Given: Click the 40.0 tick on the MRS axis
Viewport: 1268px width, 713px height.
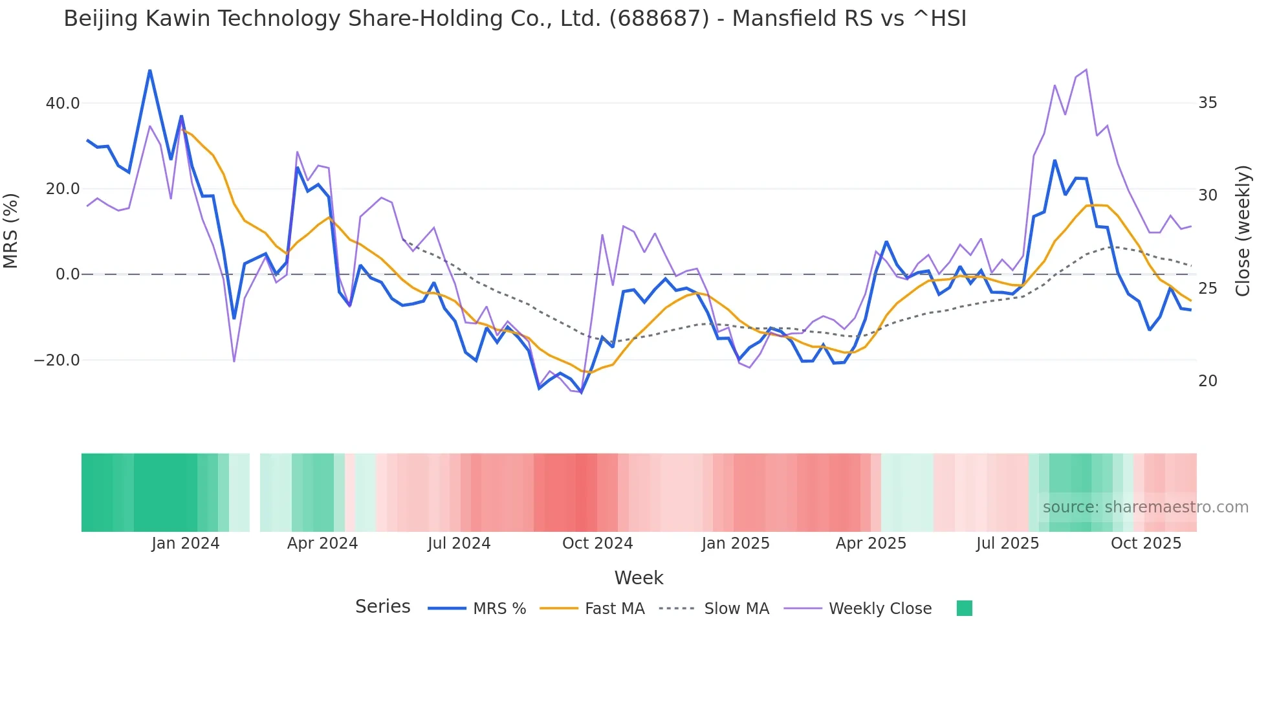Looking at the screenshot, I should click(63, 104).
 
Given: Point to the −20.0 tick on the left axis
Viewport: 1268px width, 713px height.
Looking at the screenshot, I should click(57, 360).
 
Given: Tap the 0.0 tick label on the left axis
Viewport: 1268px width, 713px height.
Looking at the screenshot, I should click(67, 274).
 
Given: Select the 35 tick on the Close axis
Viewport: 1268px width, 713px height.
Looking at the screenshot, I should click(1207, 103).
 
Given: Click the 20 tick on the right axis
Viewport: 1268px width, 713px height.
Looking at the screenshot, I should click(1207, 381).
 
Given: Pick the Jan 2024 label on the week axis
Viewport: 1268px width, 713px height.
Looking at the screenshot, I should click(186, 543).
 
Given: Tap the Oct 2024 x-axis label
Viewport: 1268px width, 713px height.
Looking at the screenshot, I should click(597, 543).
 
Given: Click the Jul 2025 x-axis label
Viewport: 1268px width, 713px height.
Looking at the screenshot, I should click(1007, 543).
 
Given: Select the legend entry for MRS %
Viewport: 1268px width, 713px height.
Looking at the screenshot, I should click(477, 609).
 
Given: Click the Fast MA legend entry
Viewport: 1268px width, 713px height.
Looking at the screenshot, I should click(592, 609).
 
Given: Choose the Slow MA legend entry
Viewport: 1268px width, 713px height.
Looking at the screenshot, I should click(714, 609).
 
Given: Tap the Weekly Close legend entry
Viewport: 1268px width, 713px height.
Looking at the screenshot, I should click(858, 609).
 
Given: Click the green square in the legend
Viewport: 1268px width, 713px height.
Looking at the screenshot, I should click(964, 608).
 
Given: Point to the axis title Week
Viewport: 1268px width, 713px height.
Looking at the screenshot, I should click(639, 578).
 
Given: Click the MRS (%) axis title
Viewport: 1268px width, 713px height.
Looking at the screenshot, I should click(11, 230).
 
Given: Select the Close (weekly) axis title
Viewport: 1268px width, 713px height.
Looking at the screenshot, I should click(1243, 230).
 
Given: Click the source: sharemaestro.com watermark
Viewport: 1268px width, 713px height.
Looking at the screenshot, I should click(1145, 507).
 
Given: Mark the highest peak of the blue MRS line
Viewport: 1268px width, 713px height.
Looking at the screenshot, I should click(149, 70).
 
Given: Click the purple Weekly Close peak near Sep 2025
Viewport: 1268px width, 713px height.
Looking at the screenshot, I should click(1086, 69).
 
